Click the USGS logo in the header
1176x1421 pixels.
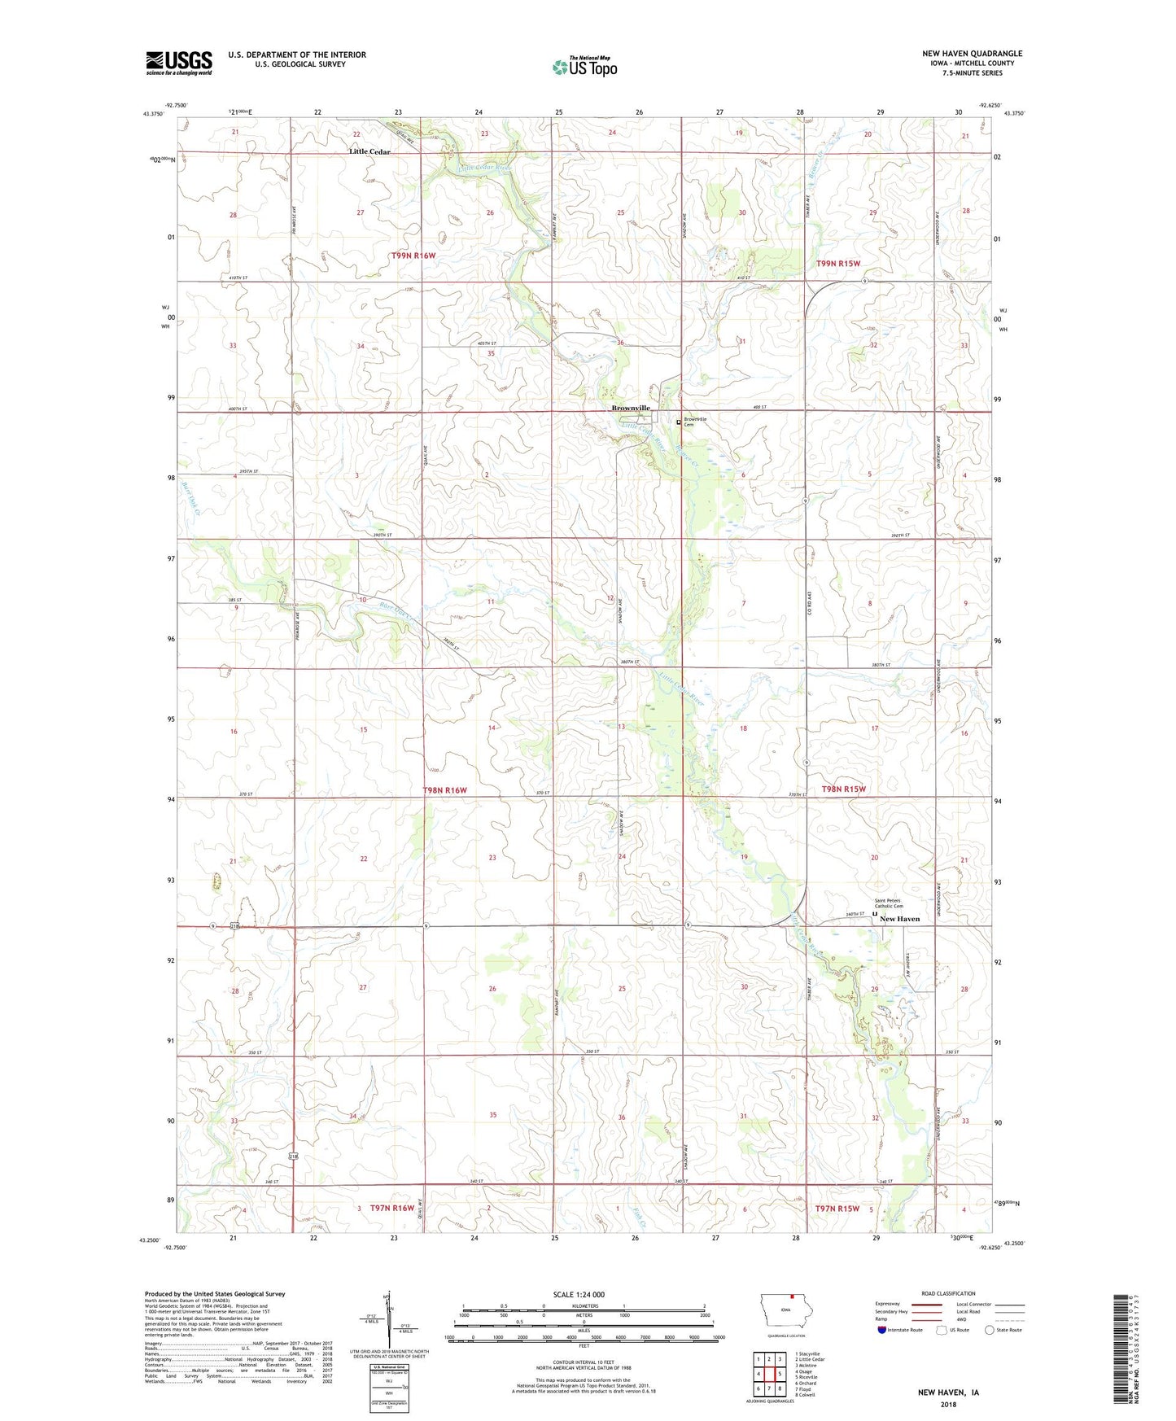click(179, 63)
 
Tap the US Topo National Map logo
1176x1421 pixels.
click(584, 66)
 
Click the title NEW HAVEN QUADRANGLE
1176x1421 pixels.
click(972, 54)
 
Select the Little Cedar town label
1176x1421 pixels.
click(369, 152)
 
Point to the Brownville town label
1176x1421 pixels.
click(631, 408)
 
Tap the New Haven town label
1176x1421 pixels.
click(899, 919)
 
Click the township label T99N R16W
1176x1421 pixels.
click(413, 256)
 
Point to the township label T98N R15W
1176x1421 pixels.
click(843, 789)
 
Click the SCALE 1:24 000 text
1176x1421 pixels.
click(579, 1295)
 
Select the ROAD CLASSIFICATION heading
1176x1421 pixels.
click(948, 1293)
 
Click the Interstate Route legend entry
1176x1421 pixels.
click(900, 1330)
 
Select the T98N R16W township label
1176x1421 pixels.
click(445, 790)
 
